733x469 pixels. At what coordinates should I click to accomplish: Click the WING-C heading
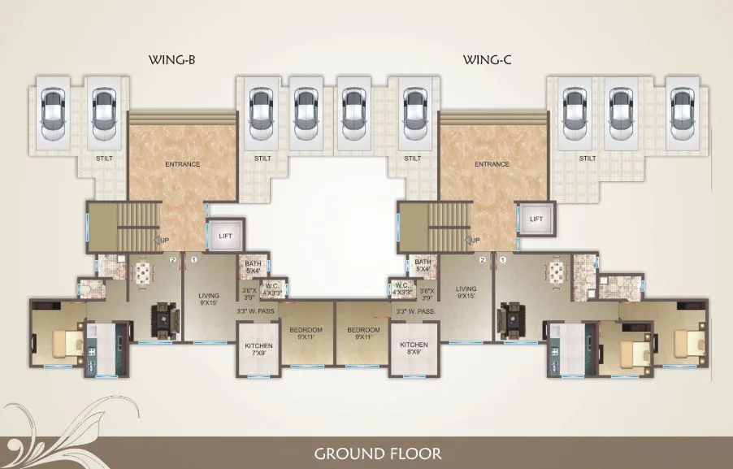click(486, 59)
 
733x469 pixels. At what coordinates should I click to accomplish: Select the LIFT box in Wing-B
click(226, 236)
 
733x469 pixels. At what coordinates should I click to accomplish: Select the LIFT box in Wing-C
click(536, 219)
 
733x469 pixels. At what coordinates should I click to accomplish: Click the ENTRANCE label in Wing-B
click(182, 164)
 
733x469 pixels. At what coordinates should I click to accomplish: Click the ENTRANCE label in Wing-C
click(492, 164)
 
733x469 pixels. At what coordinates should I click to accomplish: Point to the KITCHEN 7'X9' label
click(259, 350)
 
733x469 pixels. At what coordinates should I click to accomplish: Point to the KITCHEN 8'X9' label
click(413, 350)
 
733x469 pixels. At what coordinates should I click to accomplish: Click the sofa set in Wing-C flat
click(514, 318)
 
